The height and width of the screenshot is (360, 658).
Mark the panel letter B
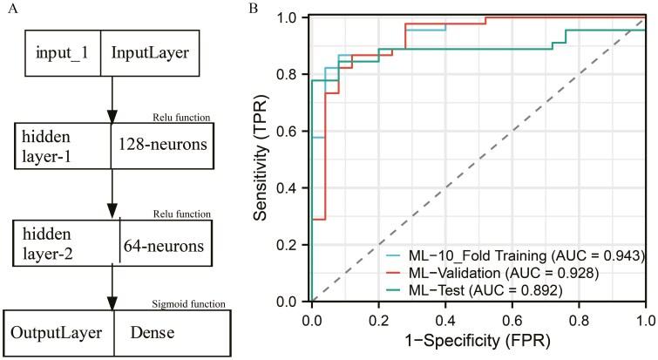click(x=253, y=8)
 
